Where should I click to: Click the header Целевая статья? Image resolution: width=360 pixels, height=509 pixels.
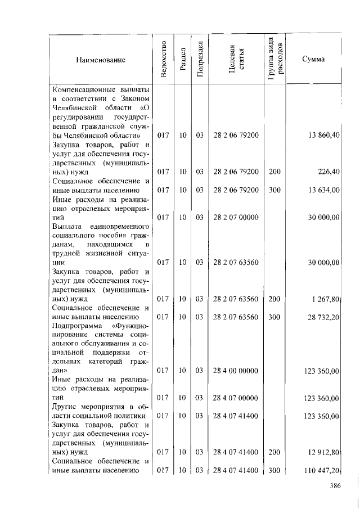[x=236, y=60]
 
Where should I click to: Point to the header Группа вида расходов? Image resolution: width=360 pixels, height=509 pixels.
[x=275, y=59]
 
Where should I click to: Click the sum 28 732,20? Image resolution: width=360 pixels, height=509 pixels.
[x=323, y=317]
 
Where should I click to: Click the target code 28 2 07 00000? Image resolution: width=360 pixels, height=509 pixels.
[x=236, y=217]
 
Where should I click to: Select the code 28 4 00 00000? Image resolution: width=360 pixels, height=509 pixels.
[x=236, y=371]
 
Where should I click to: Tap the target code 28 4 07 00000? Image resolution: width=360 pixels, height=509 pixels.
[x=236, y=398]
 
